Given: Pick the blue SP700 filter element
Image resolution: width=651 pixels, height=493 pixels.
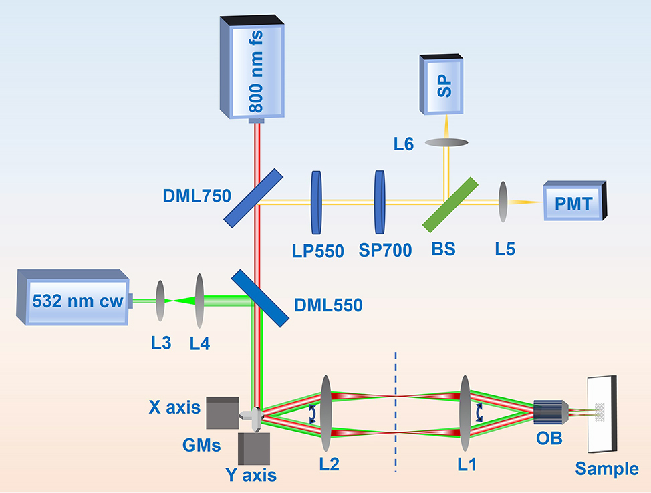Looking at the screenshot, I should [x=380, y=202].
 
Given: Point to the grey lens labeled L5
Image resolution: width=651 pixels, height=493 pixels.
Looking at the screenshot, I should [x=503, y=202].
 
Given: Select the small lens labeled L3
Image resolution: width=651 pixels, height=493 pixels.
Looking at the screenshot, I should [x=160, y=301].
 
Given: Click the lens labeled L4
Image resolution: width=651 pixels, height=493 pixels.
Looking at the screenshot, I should [x=199, y=301].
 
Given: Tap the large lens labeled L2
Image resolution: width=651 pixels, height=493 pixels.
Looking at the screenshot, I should [x=326, y=415].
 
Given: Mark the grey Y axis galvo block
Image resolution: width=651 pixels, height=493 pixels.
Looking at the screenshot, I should [x=255, y=448].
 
